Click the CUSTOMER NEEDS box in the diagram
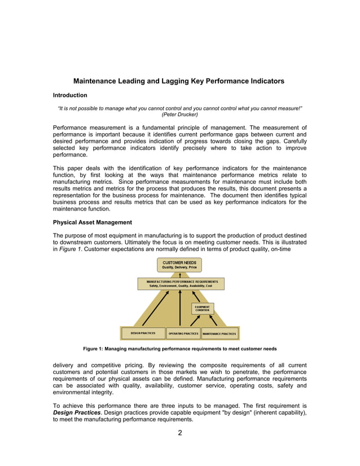[179, 265]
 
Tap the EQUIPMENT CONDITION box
[202, 309]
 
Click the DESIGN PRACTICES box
[143, 333]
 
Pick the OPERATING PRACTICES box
[183, 333]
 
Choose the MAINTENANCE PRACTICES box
[219, 333]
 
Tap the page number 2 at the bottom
[179, 433]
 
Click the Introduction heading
[70, 95]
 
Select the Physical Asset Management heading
[93, 222]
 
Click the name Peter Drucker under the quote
[179, 114]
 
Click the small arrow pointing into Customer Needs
[179, 275]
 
